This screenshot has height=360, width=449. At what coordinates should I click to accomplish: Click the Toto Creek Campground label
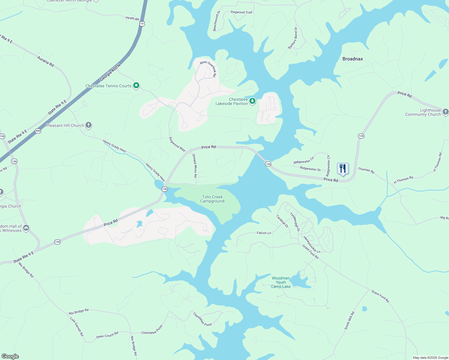(x=212, y=199)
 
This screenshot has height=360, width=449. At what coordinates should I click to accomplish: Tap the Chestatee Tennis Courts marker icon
(x=136, y=85)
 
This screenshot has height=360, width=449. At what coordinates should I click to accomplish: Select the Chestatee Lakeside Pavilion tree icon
(x=252, y=101)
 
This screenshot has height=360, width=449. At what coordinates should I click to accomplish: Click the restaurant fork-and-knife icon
(x=343, y=169)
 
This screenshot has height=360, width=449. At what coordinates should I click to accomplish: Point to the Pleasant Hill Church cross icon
(x=88, y=125)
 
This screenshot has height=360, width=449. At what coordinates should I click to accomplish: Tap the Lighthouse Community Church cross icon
(x=445, y=112)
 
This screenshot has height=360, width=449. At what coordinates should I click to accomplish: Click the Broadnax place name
(x=353, y=59)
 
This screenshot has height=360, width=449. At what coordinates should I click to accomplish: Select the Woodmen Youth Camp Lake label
(x=281, y=282)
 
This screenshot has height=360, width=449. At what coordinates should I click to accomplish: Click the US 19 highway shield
(x=142, y=23)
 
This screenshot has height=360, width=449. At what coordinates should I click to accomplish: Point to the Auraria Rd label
(x=46, y=61)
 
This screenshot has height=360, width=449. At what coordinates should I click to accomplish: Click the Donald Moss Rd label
(x=195, y=166)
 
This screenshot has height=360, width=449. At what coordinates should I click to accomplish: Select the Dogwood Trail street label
(x=241, y=12)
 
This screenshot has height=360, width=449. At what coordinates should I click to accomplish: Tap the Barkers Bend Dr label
(x=292, y=38)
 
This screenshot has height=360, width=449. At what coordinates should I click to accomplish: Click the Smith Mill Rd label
(x=349, y=321)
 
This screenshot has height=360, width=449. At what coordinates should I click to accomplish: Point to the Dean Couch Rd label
(x=107, y=335)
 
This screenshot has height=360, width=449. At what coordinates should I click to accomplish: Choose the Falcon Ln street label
(x=264, y=233)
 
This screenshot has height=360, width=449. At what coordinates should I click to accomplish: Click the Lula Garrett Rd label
(x=77, y=326)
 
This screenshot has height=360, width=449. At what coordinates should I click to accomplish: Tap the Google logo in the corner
(x=10, y=356)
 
